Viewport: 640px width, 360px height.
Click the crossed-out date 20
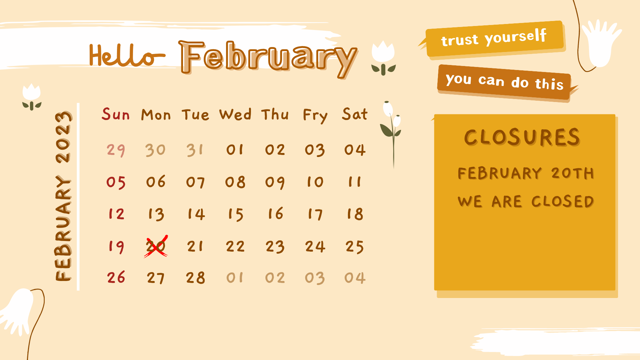(156, 246)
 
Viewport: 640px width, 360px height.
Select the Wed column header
(235, 114)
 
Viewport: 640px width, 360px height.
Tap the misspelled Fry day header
(315, 116)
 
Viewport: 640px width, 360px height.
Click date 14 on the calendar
(196, 214)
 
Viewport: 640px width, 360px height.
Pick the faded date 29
(116, 150)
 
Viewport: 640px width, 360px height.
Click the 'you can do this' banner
(505, 82)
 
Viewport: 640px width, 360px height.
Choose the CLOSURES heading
(522, 137)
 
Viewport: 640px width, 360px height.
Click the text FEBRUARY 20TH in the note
(526, 173)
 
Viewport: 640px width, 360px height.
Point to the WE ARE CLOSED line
(526, 201)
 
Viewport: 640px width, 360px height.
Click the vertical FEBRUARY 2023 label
(63, 196)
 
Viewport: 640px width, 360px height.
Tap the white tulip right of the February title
(383, 58)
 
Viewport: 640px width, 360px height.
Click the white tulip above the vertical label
(32, 97)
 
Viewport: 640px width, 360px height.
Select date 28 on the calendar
(195, 278)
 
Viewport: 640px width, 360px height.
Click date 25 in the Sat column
(355, 247)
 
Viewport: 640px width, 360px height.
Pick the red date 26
(116, 277)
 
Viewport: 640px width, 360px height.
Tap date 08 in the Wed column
(235, 182)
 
